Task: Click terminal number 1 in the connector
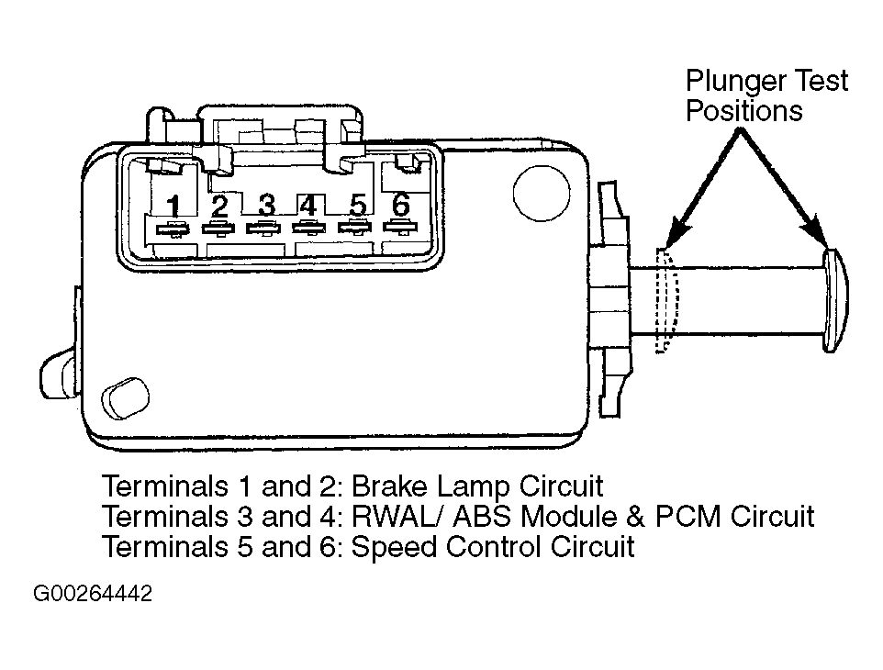[174, 207]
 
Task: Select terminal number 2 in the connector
[219, 207]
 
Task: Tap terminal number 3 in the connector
[266, 205]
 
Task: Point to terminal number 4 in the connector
[308, 205]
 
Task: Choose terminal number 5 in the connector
[358, 205]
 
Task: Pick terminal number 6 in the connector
[400, 204]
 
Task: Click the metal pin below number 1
[173, 229]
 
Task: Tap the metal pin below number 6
[400, 228]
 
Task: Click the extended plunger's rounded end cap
[835, 301]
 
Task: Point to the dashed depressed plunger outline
[666, 301]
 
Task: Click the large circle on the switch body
[542, 193]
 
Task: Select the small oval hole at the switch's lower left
[125, 398]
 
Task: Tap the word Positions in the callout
[743, 110]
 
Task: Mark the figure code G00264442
[93, 594]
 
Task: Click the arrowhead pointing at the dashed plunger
[677, 231]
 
